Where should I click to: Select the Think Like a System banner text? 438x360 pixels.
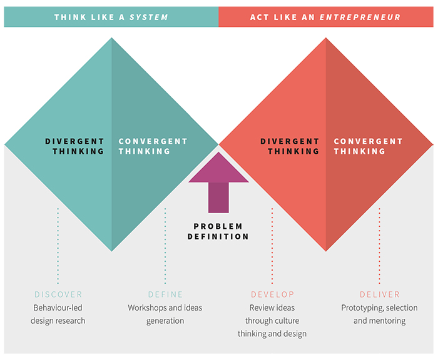(111, 17)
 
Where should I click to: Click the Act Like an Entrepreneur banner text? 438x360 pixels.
(325, 17)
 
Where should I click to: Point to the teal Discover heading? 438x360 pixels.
(58, 294)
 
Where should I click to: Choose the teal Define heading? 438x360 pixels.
(165, 294)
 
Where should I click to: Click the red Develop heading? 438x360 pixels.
(272, 294)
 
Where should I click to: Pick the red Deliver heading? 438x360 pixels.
(379, 294)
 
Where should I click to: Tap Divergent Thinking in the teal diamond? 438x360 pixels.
(74, 146)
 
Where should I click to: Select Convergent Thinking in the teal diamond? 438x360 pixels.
(153, 146)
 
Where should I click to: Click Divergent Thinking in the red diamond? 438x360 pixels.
(290, 146)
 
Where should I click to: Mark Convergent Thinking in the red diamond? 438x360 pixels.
(368, 146)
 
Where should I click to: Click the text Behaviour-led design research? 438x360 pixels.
(58, 314)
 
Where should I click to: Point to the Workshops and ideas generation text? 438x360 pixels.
(165, 314)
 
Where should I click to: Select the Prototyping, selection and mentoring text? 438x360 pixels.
(379, 314)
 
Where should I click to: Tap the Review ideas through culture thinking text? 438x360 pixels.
(272, 321)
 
